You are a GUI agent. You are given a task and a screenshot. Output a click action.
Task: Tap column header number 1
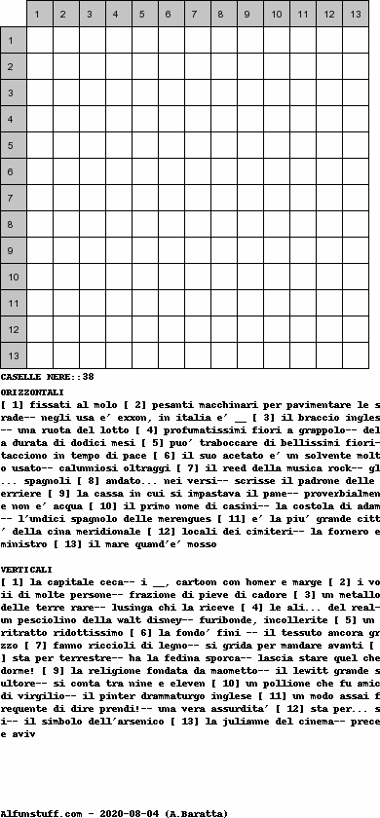tap(39, 14)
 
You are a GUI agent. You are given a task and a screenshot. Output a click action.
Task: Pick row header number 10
tap(13, 277)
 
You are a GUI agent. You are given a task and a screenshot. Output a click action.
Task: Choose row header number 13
tap(13, 355)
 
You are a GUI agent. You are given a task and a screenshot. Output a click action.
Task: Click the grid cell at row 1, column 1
tap(39, 40)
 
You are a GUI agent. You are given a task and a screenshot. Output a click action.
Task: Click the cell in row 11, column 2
tap(65, 303)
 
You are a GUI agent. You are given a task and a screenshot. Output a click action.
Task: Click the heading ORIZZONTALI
tap(32, 391)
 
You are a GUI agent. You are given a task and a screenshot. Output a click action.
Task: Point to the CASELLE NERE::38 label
tap(47, 376)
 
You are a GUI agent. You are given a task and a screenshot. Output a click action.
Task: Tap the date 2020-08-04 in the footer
tap(130, 812)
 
